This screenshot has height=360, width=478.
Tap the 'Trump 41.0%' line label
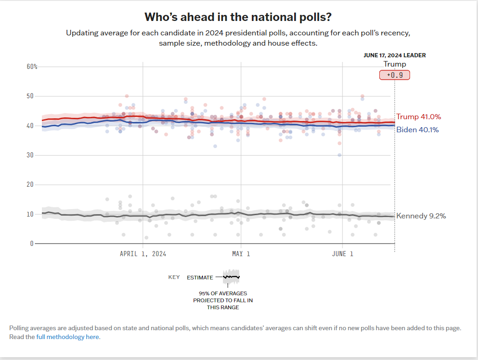click(418, 117)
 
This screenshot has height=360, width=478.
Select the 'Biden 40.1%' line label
click(417, 130)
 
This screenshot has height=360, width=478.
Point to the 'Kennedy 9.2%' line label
click(421, 216)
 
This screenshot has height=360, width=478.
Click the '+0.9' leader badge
click(395, 75)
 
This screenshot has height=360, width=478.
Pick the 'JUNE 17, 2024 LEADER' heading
click(395, 55)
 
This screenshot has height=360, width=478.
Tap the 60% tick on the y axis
click(32, 67)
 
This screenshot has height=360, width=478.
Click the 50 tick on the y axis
click(30, 96)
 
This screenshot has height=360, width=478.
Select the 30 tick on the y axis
click(30, 155)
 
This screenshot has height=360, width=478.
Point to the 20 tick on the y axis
click(30, 185)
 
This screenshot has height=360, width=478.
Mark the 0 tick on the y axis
click(32, 244)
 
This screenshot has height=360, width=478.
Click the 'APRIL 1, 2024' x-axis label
click(143, 254)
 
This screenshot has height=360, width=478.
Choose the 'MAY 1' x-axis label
click(241, 254)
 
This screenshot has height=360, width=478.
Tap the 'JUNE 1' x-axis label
click(343, 254)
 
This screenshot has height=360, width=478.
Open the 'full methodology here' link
click(68, 337)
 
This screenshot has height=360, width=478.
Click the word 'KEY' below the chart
click(174, 278)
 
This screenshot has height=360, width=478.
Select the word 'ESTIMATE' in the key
click(200, 278)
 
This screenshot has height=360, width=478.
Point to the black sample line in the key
click(231, 277)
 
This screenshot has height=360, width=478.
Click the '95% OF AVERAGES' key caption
click(223, 293)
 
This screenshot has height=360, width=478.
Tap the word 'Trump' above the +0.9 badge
click(395, 64)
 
